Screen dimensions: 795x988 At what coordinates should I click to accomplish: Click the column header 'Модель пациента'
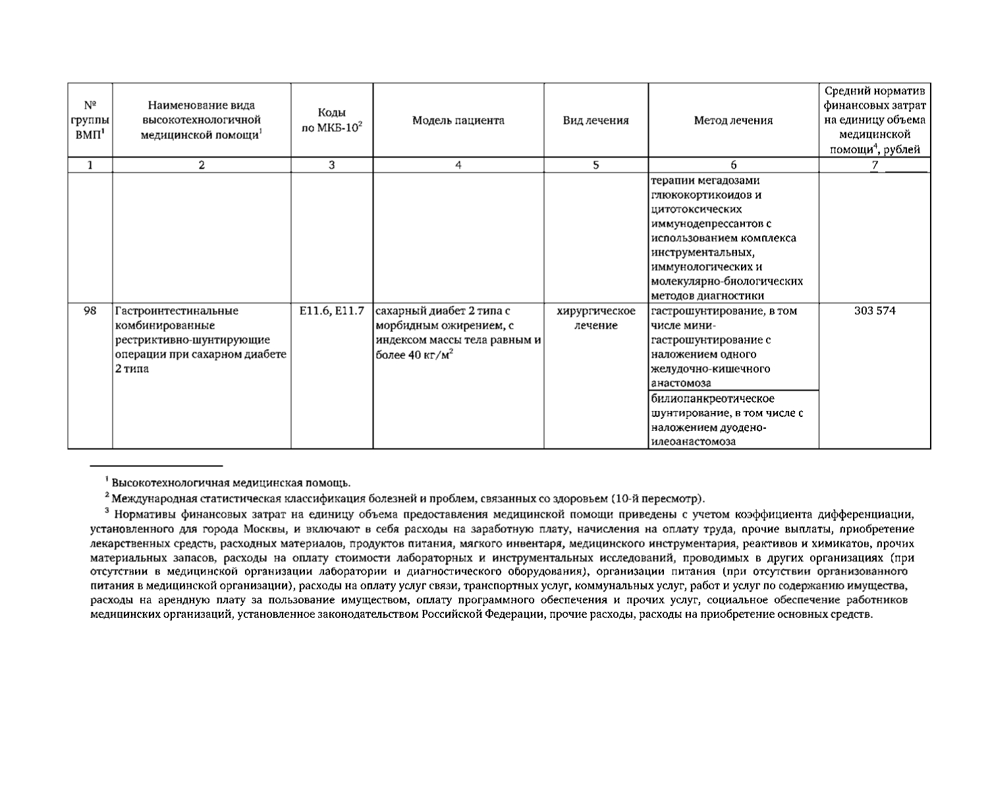click(458, 121)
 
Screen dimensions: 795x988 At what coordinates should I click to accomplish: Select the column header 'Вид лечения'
click(595, 121)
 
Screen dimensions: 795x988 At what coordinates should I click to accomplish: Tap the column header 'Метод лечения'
click(733, 121)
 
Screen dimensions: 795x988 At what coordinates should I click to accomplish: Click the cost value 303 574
click(874, 311)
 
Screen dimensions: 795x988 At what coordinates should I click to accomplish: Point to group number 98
click(90, 311)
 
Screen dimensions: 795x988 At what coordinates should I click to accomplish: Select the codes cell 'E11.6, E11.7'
click(331, 311)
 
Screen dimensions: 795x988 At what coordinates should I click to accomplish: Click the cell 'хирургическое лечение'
click(595, 318)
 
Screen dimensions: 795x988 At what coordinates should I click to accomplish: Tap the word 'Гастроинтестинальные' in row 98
click(177, 311)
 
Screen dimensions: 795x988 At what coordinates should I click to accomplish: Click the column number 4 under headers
click(458, 166)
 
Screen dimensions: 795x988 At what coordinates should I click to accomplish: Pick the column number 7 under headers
click(875, 166)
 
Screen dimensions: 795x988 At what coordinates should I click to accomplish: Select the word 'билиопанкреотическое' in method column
click(703, 399)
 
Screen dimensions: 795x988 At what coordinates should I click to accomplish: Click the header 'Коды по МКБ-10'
click(331, 121)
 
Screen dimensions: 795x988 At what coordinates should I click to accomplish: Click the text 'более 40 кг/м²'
click(414, 355)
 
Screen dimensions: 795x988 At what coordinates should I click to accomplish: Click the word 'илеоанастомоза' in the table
click(693, 442)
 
